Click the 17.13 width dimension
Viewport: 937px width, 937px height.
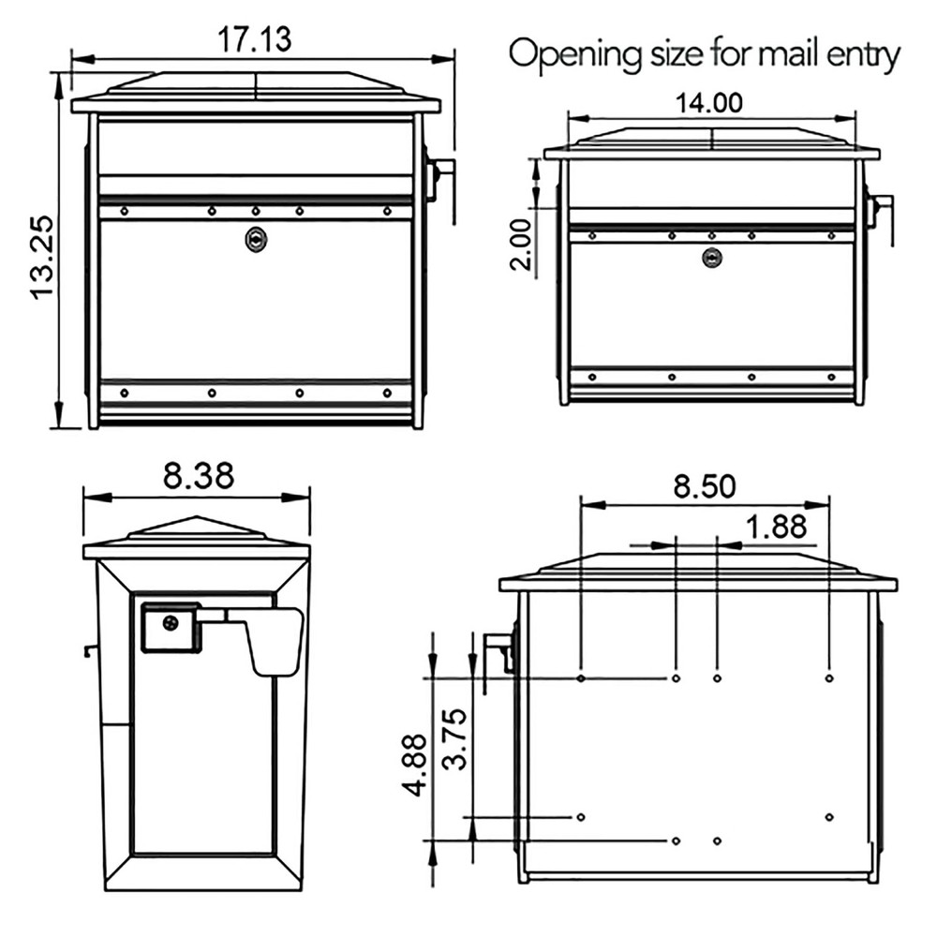[x=255, y=40]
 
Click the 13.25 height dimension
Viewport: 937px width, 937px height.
[x=44, y=256]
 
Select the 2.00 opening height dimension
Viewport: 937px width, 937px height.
[x=522, y=240]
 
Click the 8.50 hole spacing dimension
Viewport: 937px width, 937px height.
[x=705, y=486]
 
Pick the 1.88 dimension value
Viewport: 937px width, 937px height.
[x=776, y=527]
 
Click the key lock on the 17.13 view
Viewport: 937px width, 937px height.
[x=255, y=240]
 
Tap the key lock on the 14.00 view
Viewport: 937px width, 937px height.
[x=713, y=257]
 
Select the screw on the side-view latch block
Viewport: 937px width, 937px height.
[x=170, y=622]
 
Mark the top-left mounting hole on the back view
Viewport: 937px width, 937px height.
[x=582, y=677]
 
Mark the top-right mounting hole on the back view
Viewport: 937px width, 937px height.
[x=829, y=677]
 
